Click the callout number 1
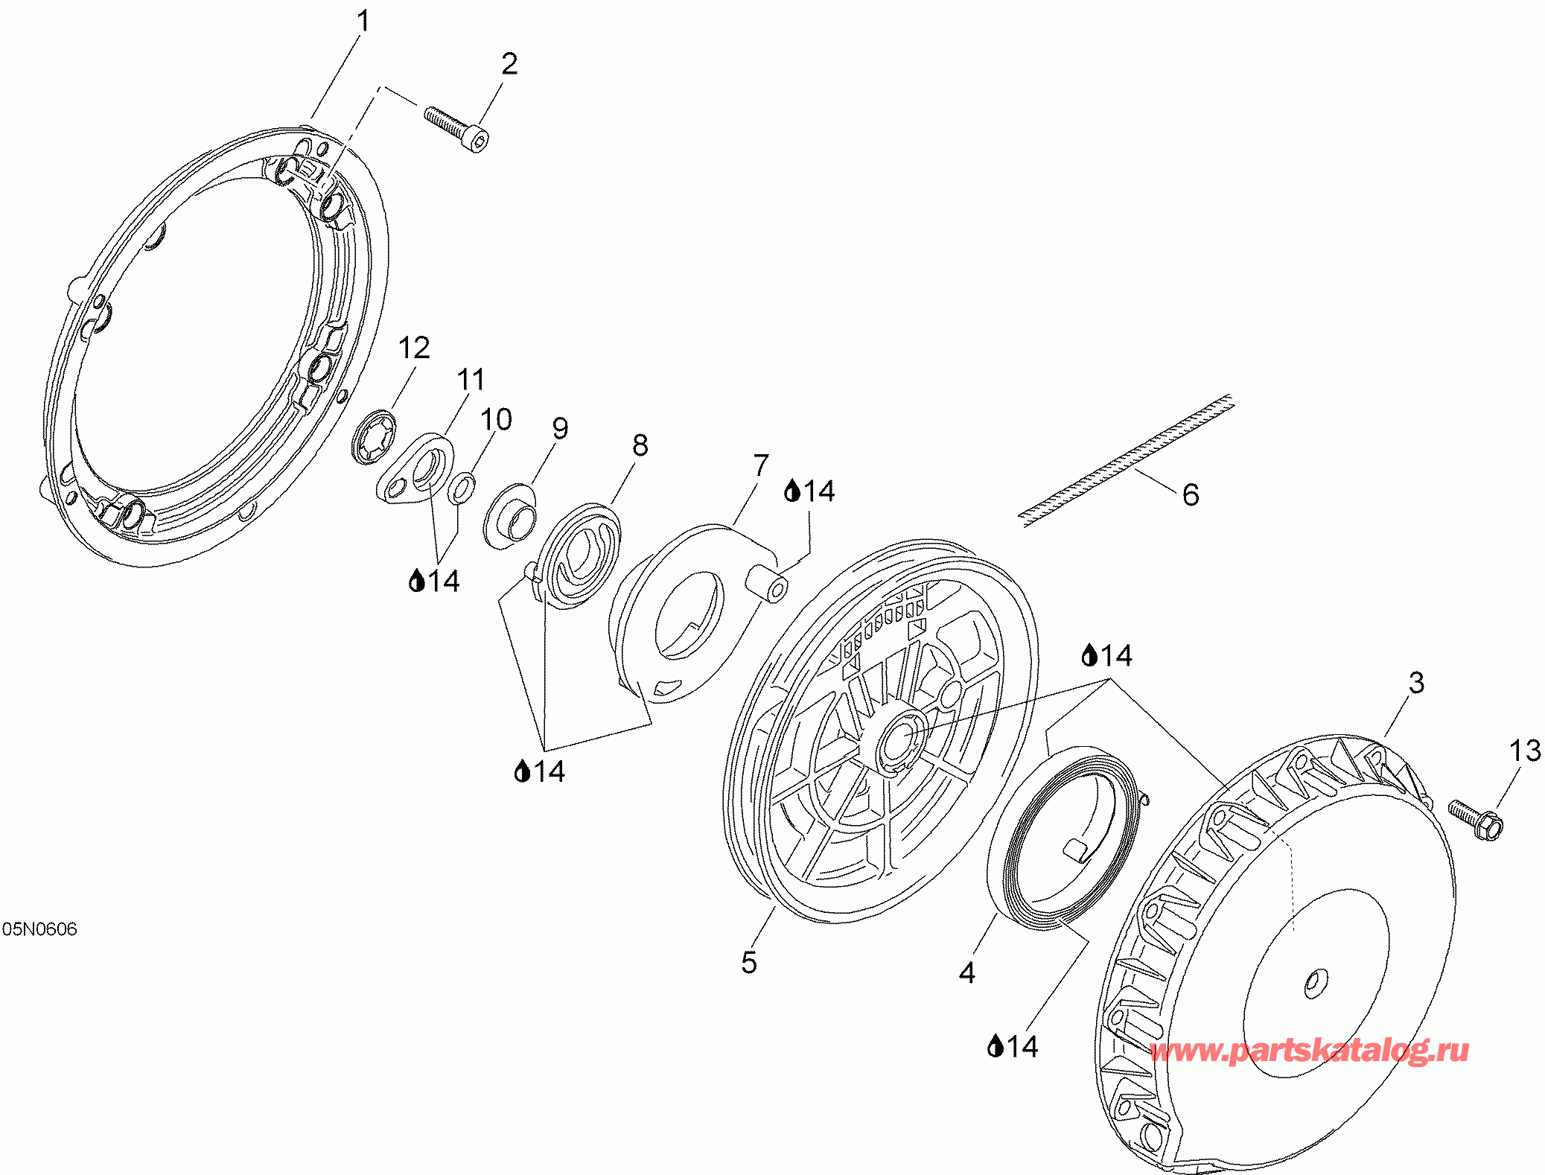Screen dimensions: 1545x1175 tap(363, 22)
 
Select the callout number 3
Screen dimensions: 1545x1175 tap(1416, 683)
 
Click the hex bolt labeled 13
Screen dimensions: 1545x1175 tap(1475, 818)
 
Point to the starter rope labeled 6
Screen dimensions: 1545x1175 tap(1126, 461)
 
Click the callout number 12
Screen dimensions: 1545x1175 tap(414, 348)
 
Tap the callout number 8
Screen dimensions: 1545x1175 tap(640, 445)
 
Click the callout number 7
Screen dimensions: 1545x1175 tap(760, 465)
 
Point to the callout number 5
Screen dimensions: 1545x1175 tap(749, 962)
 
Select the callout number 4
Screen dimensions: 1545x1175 tap(967, 972)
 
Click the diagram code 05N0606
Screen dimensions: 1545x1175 tap(39, 929)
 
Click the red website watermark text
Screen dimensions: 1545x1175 tap(1310, 1051)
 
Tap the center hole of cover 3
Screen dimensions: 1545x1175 tap(1316, 984)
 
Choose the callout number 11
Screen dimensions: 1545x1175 tap(471, 379)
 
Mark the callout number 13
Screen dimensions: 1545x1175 tap(1525, 751)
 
